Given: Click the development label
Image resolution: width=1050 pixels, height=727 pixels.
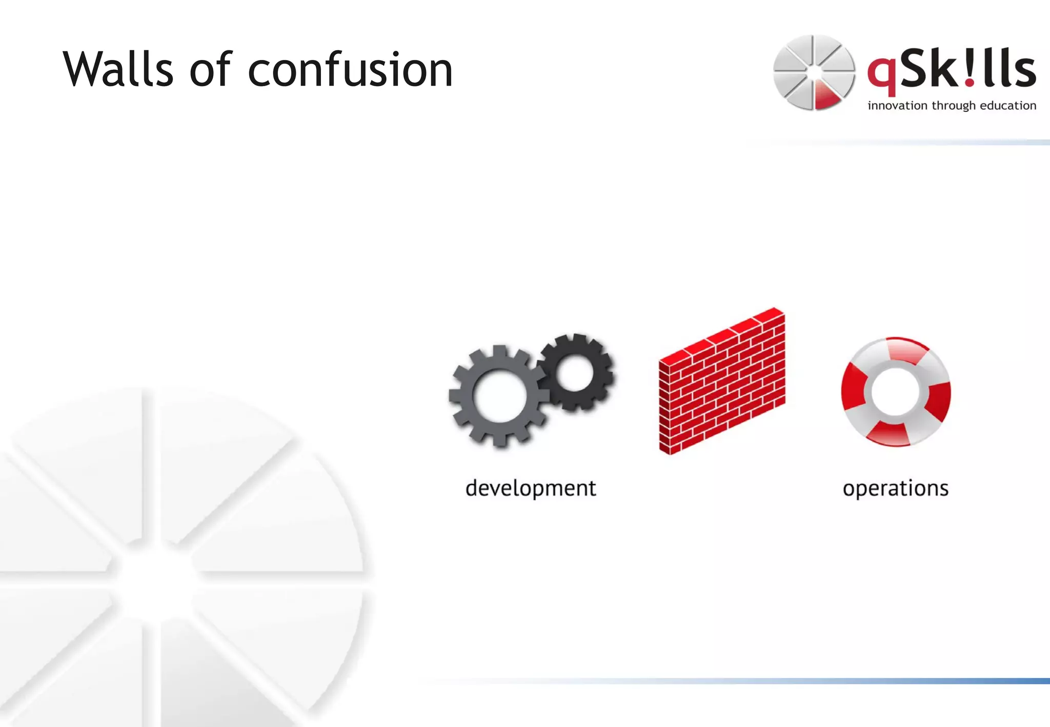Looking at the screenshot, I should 531,489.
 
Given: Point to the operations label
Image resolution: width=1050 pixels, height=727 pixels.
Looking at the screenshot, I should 895,489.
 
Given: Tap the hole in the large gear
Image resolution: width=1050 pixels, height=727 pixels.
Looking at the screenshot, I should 499,396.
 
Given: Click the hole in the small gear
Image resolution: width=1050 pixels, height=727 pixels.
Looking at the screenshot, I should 574,373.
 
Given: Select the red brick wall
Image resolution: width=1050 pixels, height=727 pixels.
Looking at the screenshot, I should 722,382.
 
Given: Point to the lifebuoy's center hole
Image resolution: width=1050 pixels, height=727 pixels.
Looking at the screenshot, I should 896,392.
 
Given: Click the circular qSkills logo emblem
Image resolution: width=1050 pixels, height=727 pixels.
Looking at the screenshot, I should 814,72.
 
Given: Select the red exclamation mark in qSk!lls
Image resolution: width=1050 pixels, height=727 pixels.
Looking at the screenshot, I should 968,69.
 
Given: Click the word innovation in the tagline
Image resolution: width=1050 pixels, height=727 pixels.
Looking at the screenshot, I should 897,106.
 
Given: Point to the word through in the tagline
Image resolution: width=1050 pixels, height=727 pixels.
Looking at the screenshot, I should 953,106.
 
